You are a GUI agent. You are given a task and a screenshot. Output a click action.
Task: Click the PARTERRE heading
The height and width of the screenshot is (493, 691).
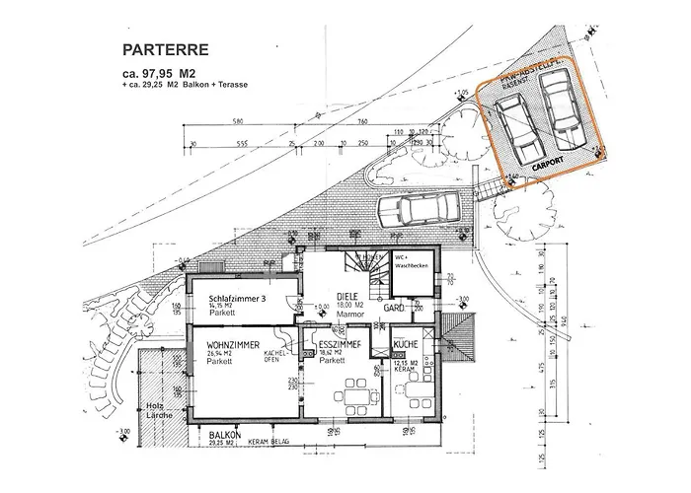pyautogui.click(x=165, y=47)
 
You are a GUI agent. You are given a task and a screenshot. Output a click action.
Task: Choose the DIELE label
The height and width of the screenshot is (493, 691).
pyautogui.click(x=345, y=296)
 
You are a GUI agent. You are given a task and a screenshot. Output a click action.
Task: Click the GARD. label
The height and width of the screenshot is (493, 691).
pyautogui.click(x=396, y=309)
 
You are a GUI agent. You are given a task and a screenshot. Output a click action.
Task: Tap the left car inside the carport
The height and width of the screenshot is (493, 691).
pyautogui.click(x=520, y=132)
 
